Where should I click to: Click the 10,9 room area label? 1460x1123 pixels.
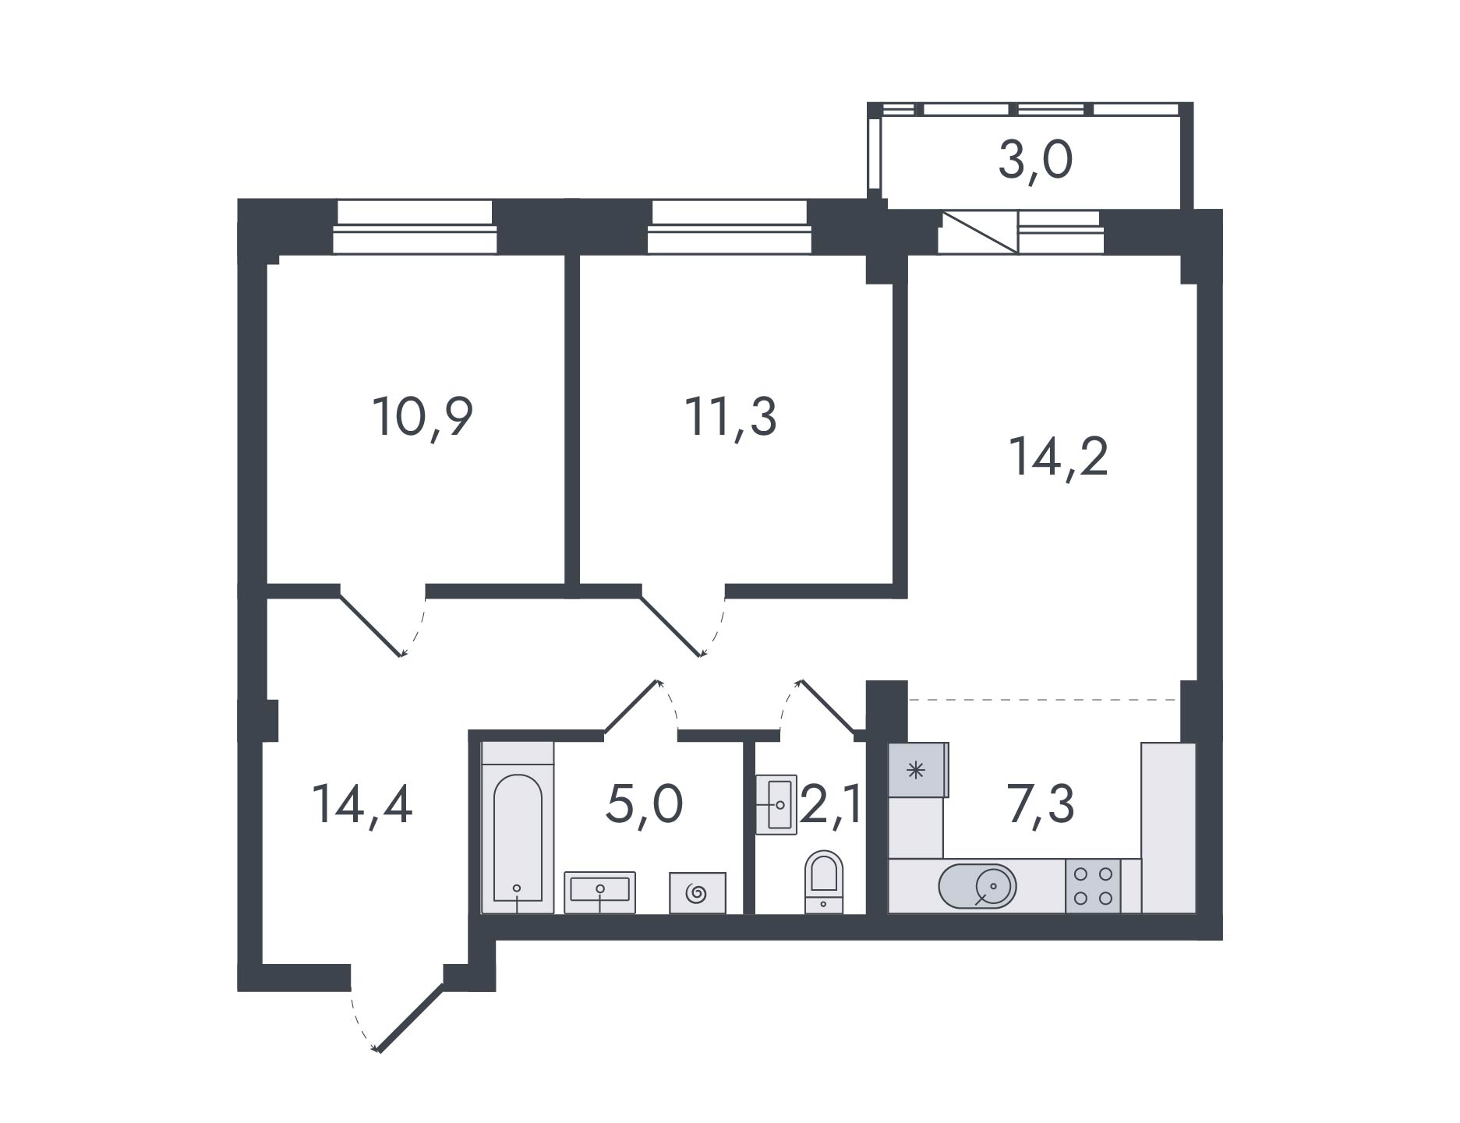click(x=423, y=417)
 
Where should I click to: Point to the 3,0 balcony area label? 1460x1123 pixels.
click(x=1035, y=161)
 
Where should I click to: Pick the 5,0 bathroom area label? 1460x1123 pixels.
click(x=644, y=805)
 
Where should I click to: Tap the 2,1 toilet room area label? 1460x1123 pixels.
click(x=831, y=804)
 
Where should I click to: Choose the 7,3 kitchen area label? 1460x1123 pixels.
click(x=1041, y=804)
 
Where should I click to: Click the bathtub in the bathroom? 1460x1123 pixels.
click(x=518, y=828)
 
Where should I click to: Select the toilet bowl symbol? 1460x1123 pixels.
click(x=824, y=881)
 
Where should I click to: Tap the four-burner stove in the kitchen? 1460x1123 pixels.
click(x=1093, y=886)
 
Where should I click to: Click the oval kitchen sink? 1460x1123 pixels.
click(x=977, y=886)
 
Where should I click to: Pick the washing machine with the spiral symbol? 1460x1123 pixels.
click(x=698, y=893)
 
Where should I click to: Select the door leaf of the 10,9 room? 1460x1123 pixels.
click(x=370, y=625)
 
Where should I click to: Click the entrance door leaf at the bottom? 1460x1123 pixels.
click(x=411, y=1019)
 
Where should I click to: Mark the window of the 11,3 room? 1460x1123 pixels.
click(x=728, y=228)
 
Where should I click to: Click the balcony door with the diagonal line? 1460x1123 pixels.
click(x=978, y=231)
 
